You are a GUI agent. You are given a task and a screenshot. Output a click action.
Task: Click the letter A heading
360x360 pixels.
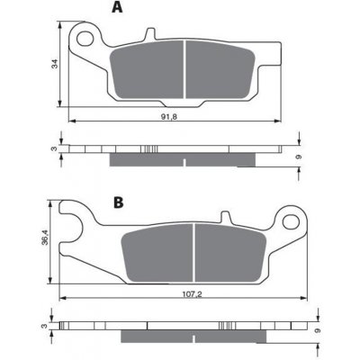[117, 7]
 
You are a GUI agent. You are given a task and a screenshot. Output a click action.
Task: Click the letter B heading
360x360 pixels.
[119, 202]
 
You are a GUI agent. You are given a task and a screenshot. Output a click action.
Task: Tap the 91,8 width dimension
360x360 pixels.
[169, 117]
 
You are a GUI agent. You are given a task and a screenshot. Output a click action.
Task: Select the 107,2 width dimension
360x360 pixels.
[192, 294]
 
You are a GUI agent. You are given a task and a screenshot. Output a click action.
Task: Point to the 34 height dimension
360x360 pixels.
[54, 64]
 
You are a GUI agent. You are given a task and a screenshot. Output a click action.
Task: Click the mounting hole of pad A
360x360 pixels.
[85, 38]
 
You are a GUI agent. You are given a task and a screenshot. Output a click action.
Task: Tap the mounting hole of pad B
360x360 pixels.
[291, 221]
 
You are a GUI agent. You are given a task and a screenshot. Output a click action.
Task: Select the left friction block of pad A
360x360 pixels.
[147, 70]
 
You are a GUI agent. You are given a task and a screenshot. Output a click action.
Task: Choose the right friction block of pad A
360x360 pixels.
[220, 70]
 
